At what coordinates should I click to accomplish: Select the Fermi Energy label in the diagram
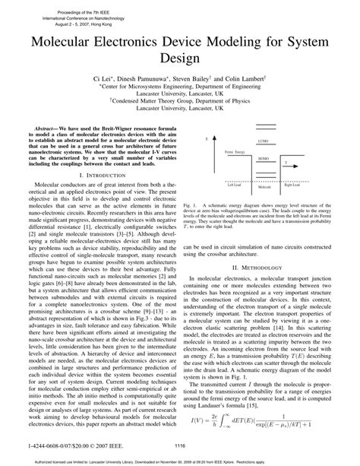(237, 152)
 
